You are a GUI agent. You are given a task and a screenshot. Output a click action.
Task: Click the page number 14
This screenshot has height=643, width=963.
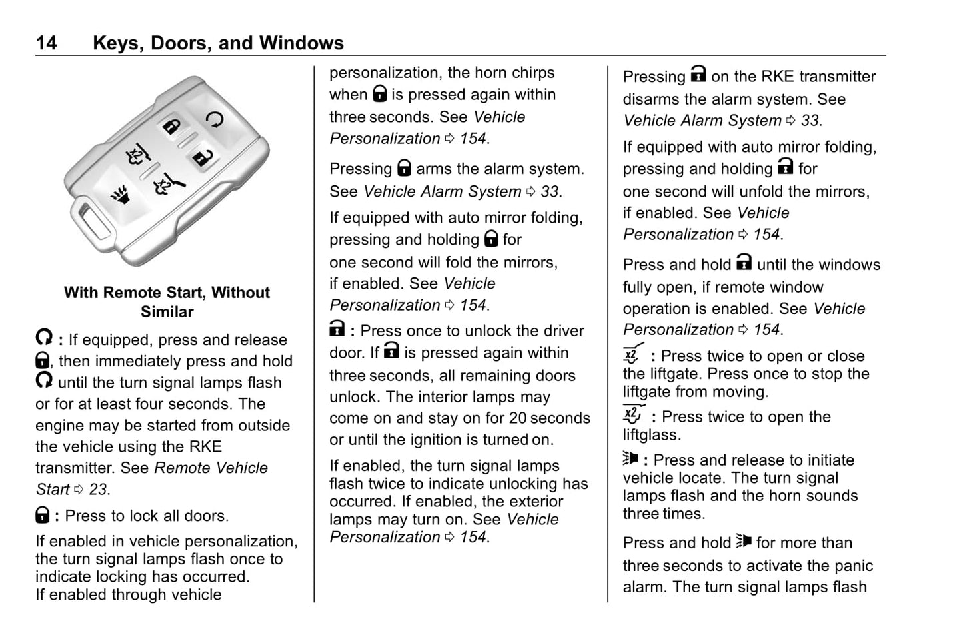pyautogui.click(x=46, y=43)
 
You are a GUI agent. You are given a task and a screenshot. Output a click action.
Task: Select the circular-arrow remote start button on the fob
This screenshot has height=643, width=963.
pyautogui.click(x=215, y=119)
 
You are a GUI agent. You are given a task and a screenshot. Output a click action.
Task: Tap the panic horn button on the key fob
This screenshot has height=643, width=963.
pyautogui.click(x=120, y=195)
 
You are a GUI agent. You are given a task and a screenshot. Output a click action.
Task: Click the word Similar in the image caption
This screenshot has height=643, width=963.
pyautogui.click(x=167, y=312)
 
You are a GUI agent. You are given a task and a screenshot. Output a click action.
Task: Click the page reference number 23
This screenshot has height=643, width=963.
pyautogui.click(x=98, y=490)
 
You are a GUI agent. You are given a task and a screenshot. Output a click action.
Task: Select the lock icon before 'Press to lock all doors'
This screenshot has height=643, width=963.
pyautogui.click(x=42, y=515)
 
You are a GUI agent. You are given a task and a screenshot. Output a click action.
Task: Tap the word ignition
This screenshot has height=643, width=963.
pyautogui.click(x=443, y=440)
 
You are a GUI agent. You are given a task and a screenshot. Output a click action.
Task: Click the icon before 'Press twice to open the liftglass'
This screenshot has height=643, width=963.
pyautogui.click(x=633, y=414)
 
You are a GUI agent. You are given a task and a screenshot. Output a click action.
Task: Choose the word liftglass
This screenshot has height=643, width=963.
pyautogui.click(x=652, y=435)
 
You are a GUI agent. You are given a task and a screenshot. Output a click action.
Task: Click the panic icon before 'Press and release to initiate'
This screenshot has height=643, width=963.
pyautogui.click(x=630, y=459)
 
